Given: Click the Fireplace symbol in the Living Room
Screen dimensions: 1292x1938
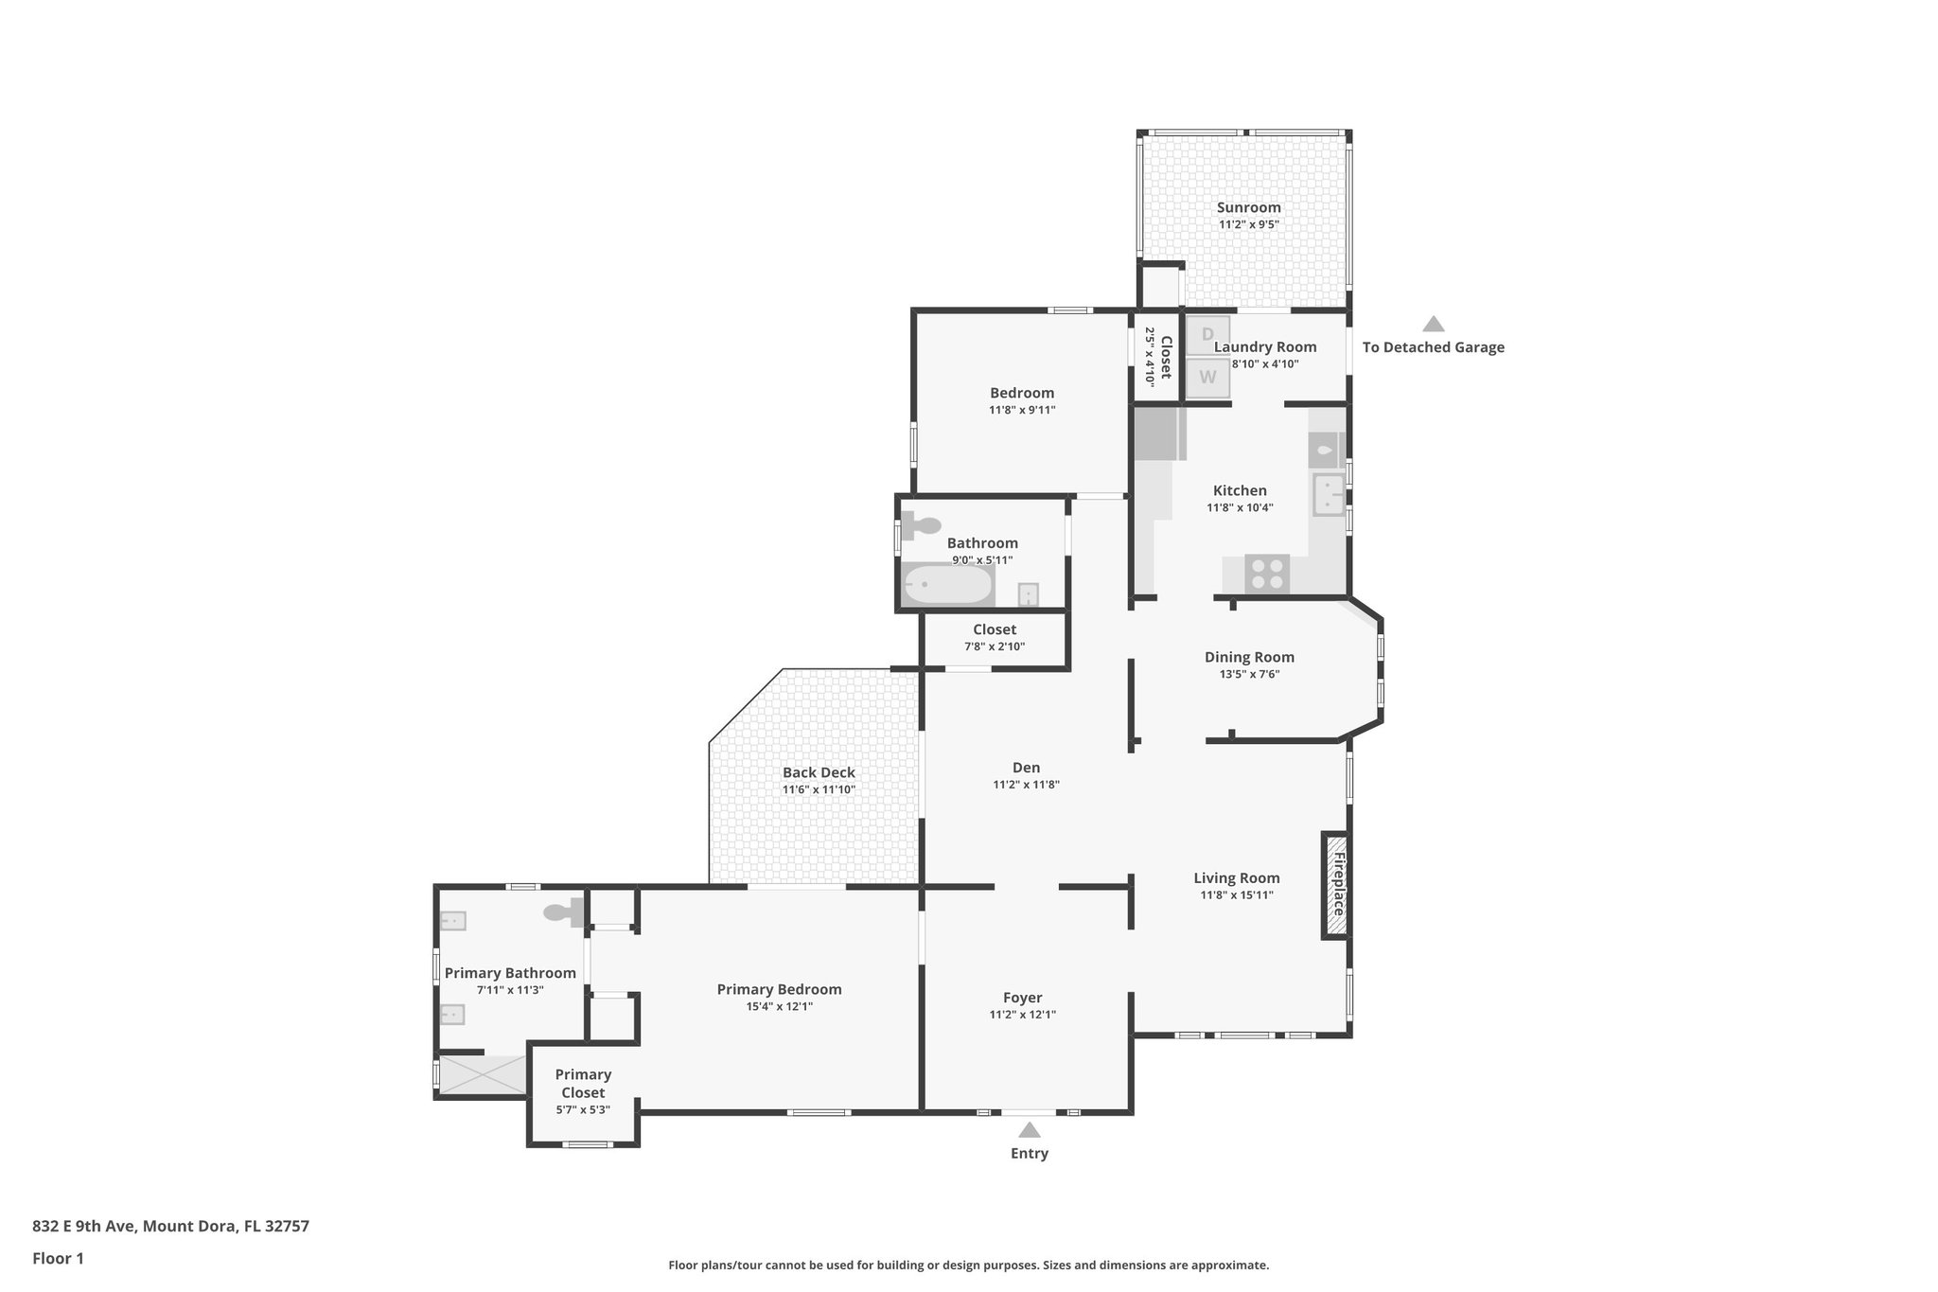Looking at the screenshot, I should tap(1335, 885).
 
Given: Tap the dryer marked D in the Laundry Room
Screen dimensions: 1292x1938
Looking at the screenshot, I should tap(1207, 335).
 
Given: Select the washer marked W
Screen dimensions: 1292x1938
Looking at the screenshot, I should tap(1207, 378).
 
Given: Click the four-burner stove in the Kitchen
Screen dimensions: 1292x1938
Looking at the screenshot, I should tap(1267, 574).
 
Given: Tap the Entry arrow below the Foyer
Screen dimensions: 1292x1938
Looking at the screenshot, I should tap(1030, 1130).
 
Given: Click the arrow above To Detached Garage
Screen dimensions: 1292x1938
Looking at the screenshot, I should tap(1434, 325).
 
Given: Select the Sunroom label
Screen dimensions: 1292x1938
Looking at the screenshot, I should tap(1248, 207).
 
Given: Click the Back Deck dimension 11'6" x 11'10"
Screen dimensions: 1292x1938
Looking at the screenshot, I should tap(819, 789).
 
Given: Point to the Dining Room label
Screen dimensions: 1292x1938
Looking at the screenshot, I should tap(1249, 657).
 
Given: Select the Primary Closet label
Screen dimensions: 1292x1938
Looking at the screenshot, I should tap(583, 1083).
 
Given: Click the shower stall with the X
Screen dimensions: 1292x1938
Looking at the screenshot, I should tap(482, 1075).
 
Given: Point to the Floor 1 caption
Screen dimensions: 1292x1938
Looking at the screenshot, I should tap(58, 1258).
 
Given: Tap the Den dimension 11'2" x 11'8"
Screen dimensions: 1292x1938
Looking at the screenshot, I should tap(1026, 785).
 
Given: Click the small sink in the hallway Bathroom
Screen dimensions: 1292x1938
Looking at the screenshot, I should tap(1028, 594).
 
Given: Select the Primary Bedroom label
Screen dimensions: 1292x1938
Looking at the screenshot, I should tap(779, 989).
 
